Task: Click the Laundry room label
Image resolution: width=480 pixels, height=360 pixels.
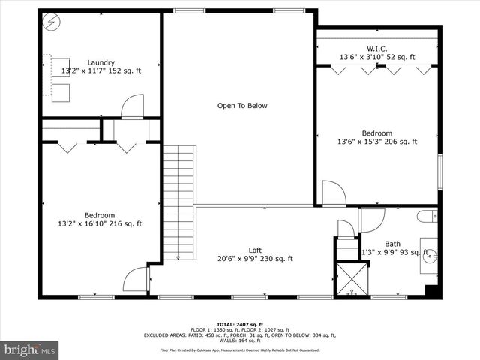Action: pos(100,62)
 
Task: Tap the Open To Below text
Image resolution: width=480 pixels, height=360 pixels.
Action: pos(242,106)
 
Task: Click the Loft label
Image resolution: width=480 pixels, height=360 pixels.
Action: pos(255,250)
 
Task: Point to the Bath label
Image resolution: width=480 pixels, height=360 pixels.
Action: pos(392,244)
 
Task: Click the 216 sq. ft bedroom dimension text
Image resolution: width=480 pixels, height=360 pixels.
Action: pos(100,223)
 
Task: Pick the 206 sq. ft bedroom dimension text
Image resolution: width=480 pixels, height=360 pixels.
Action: pos(378,141)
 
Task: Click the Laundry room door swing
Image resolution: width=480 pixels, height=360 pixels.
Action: pos(132,106)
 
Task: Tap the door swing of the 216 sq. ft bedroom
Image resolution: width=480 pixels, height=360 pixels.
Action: pos(135,280)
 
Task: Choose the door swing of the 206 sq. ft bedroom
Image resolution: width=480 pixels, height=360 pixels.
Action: pos(333,193)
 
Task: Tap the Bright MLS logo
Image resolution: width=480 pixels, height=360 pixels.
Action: pos(30,349)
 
